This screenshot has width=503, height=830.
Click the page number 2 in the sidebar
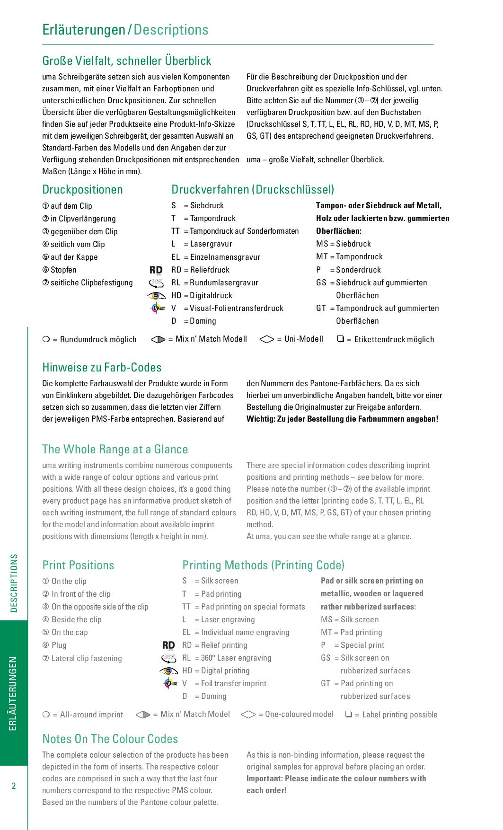(14, 786)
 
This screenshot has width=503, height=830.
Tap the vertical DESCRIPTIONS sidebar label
(14, 583)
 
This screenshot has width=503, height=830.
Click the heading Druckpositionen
(82, 190)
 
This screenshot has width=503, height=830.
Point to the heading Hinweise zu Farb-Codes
(102, 368)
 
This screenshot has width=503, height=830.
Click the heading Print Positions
(78, 565)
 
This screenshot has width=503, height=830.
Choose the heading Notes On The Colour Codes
(110, 739)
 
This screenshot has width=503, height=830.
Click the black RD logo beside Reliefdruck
(156, 270)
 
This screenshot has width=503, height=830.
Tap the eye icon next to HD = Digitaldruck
(156, 296)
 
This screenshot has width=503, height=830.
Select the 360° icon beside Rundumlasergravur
(156, 283)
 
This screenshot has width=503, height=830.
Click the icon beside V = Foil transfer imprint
(169, 683)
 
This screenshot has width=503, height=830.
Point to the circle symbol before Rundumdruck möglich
(46, 339)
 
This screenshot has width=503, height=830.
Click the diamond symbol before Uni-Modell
(267, 339)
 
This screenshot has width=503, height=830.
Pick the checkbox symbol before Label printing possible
(349, 714)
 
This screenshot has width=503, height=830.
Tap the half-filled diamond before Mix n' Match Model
(143, 715)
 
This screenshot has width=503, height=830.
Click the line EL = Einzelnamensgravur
(216, 257)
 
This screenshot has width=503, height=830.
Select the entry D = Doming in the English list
(204, 696)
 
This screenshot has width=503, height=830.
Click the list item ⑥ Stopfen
(60, 270)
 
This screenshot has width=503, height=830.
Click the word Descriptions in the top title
(171, 30)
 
